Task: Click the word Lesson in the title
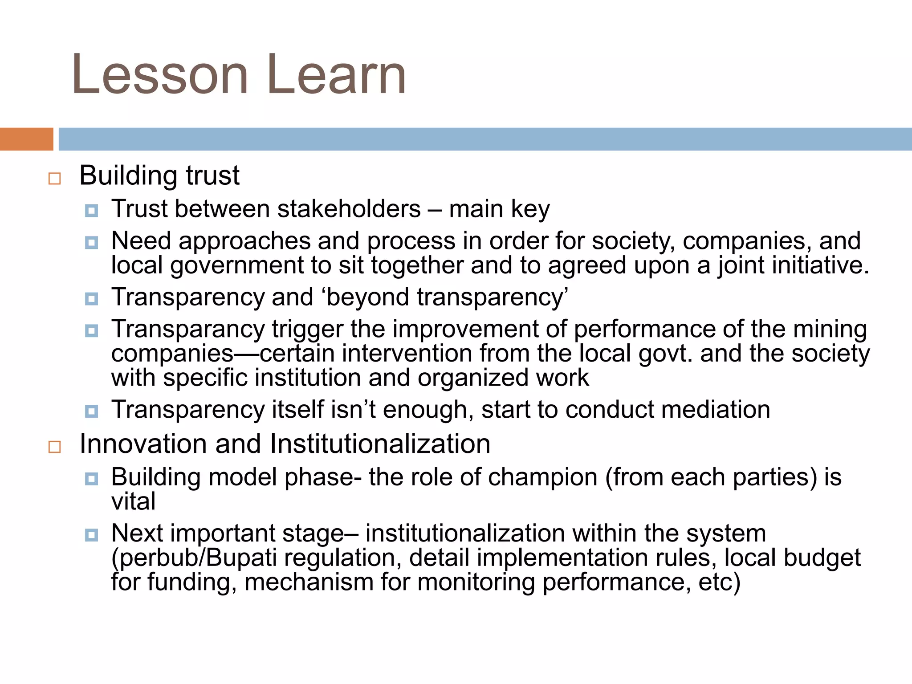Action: (159, 75)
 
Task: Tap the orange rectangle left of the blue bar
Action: (26, 139)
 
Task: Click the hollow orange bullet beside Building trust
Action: (54, 179)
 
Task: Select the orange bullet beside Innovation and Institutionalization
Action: (54, 447)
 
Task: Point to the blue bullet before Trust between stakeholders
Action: (91, 211)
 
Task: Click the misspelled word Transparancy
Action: (188, 330)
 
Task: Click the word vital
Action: (133, 501)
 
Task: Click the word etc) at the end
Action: (719, 582)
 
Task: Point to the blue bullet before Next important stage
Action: (91, 535)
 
